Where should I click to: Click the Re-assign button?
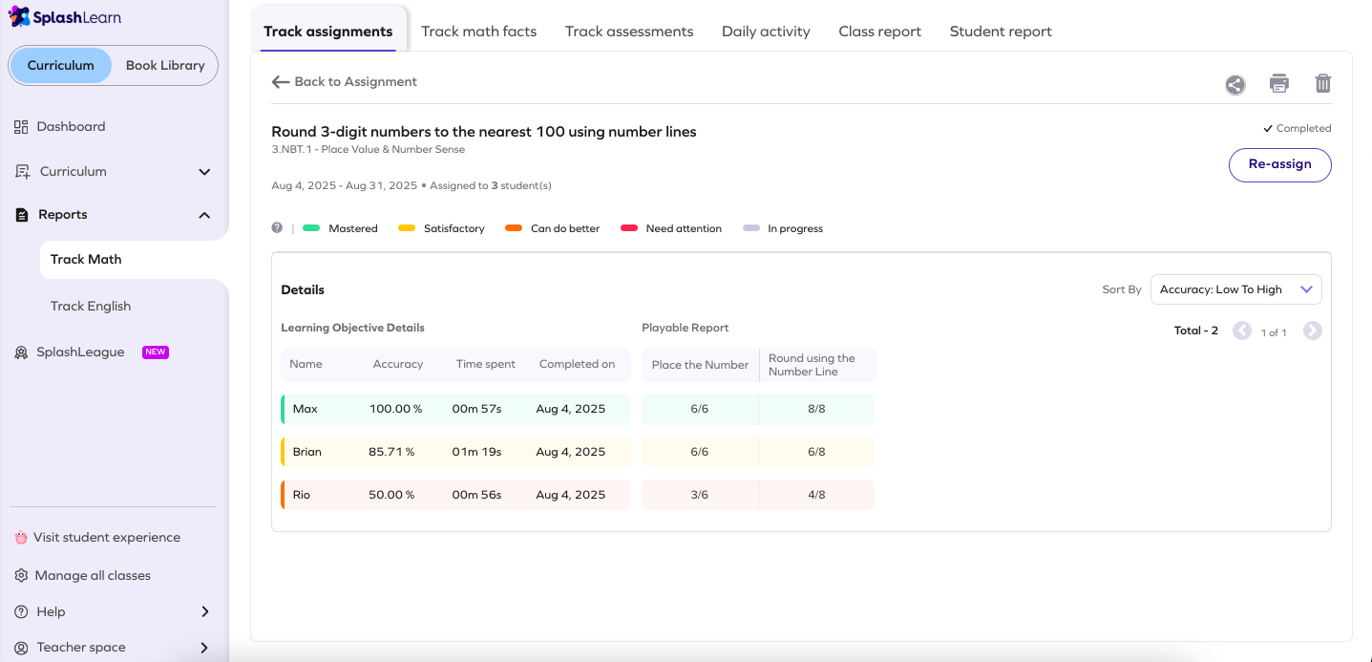point(1279,164)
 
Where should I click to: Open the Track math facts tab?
point(478,32)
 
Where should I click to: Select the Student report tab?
point(1000,32)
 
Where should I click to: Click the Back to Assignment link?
point(345,82)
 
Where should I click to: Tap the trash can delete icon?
point(1322,83)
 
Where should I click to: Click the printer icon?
point(1278,83)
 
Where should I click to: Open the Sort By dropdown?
point(1235,289)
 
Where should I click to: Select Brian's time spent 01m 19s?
point(476,452)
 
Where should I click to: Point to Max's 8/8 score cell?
point(816,409)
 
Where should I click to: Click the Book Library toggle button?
point(165,66)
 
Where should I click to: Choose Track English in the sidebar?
point(91,307)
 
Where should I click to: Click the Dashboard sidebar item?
point(71,126)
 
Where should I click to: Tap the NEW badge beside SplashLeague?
point(156,352)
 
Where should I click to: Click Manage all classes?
point(93,575)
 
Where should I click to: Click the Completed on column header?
point(577,364)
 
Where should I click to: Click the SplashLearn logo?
point(65,17)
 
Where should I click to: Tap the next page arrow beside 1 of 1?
point(1313,331)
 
